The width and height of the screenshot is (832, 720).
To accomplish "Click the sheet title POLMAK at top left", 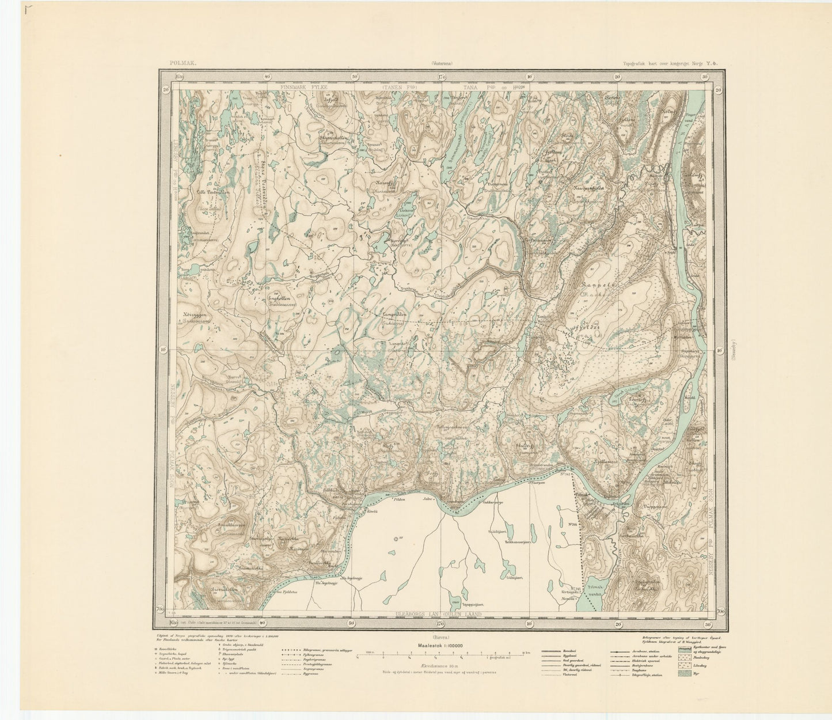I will click(x=183, y=65).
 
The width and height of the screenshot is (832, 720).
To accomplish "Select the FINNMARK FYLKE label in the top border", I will click(x=303, y=87).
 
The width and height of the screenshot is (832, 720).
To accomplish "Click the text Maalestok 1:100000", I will click(x=440, y=646).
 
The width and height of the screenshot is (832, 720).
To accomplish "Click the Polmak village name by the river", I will click(x=582, y=495).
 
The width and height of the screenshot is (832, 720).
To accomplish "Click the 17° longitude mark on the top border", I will click(x=442, y=76).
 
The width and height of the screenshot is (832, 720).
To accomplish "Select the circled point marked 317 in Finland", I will click(x=396, y=539).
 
